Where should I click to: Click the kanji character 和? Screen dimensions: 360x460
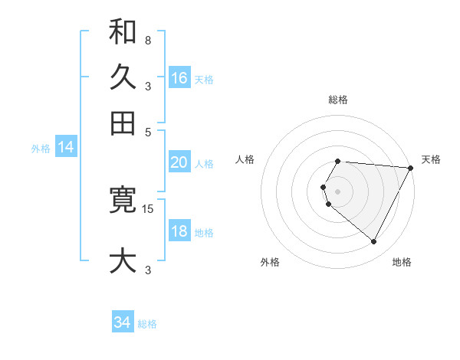123,33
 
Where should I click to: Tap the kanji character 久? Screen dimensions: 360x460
123,77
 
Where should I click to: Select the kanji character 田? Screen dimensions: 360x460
123,123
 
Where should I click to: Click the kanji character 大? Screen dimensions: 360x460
123,260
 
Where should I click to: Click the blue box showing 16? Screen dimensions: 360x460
179,78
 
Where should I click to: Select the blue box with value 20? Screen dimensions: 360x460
179,162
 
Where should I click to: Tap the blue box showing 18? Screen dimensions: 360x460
179,232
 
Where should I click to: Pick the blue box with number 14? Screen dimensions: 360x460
65,148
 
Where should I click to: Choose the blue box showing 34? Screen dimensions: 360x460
123,323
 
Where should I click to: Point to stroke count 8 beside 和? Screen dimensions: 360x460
147,40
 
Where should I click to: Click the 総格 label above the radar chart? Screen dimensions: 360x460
338,100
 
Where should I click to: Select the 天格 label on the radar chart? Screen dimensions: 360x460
431,159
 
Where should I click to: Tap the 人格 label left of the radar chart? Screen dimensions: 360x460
245,159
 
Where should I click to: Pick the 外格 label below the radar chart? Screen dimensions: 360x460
270,262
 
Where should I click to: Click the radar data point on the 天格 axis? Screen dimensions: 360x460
411,168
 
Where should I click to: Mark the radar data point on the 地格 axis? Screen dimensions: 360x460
374,242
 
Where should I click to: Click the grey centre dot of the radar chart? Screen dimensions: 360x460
338,191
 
